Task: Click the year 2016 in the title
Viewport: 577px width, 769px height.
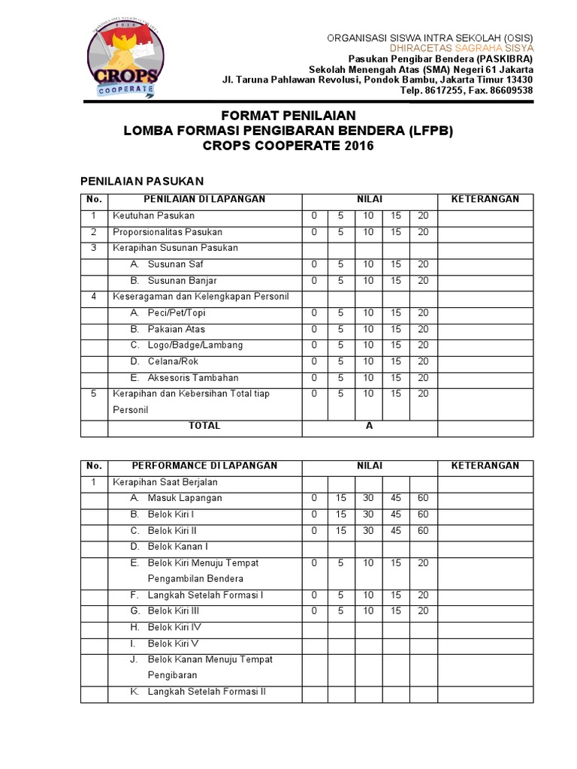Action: [359, 146]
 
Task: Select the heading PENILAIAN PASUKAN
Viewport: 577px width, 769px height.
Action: [142, 181]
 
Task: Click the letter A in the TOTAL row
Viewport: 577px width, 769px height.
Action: [369, 426]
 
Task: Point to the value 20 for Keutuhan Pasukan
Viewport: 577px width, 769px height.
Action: [423, 216]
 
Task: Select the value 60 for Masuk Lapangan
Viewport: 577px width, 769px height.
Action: [423, 498]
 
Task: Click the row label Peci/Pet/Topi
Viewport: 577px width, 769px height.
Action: [176, 313]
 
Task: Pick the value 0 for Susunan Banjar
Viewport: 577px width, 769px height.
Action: [314, 281]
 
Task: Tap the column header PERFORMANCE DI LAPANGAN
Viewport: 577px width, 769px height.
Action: [204, 466]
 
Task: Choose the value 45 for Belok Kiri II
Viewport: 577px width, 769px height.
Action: [396, 530]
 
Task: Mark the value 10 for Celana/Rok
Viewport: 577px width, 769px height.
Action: [368, 362]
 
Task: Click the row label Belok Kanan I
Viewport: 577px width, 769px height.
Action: [177, 547]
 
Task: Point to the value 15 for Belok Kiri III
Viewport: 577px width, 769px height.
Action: [396, 611]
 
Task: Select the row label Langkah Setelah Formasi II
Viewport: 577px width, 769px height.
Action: [207, 692]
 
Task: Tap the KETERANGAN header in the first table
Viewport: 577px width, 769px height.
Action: [485, 200]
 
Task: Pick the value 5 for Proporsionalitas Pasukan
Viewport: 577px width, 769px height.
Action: [340, 232]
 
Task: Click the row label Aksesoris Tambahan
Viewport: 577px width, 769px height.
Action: [192, 378]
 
